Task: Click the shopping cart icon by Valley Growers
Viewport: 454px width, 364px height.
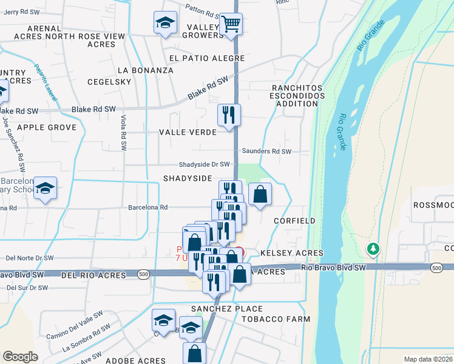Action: [x=230, y=25]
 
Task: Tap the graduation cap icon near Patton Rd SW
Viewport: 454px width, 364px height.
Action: [x=163, y=23]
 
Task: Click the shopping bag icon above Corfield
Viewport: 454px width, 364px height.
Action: [x=259, y=194]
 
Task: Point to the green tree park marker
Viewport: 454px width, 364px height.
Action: [x=373, y=249]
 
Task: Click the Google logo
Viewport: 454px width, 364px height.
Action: [x=20, y=357]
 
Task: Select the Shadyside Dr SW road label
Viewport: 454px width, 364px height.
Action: [x=204, y=164]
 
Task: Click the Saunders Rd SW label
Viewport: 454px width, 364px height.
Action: [x=266, y=151]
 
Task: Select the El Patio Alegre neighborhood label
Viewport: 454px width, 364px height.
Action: [x=206, y=58]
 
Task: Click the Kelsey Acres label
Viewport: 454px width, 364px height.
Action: [x=291, y=252]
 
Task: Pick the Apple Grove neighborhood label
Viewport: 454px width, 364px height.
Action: [x=47, y=127]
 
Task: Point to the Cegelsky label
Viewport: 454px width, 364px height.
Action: [x=109, y=82]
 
